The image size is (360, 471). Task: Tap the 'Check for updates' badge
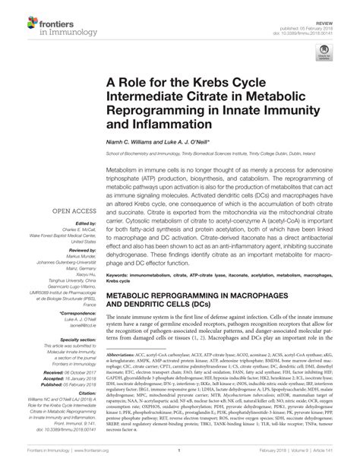tap(325, 55)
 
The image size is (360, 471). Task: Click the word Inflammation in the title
tap(162, 119)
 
